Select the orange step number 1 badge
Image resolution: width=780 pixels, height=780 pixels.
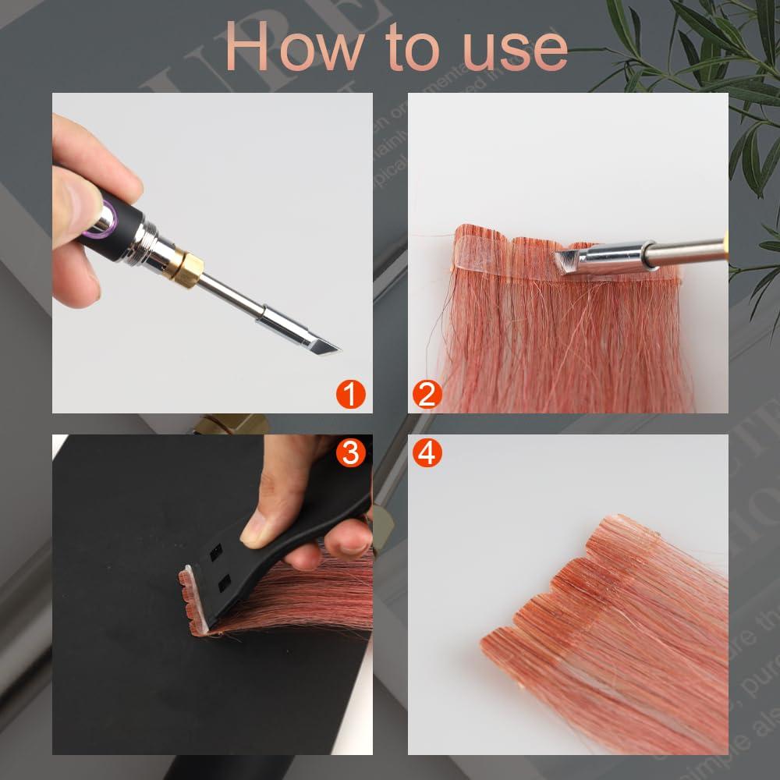pyautogui.click(x=350, y=394)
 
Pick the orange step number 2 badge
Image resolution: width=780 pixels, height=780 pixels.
pyautogui.click(x=426, y=394)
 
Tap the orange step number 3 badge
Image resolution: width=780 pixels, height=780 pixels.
pyautogui.click(x=350, y=452)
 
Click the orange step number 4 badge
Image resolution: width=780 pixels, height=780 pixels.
pyautogui.click(x=426, y=452)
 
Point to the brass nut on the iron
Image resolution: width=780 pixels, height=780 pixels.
pyautogui.click(x=185, y=268)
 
